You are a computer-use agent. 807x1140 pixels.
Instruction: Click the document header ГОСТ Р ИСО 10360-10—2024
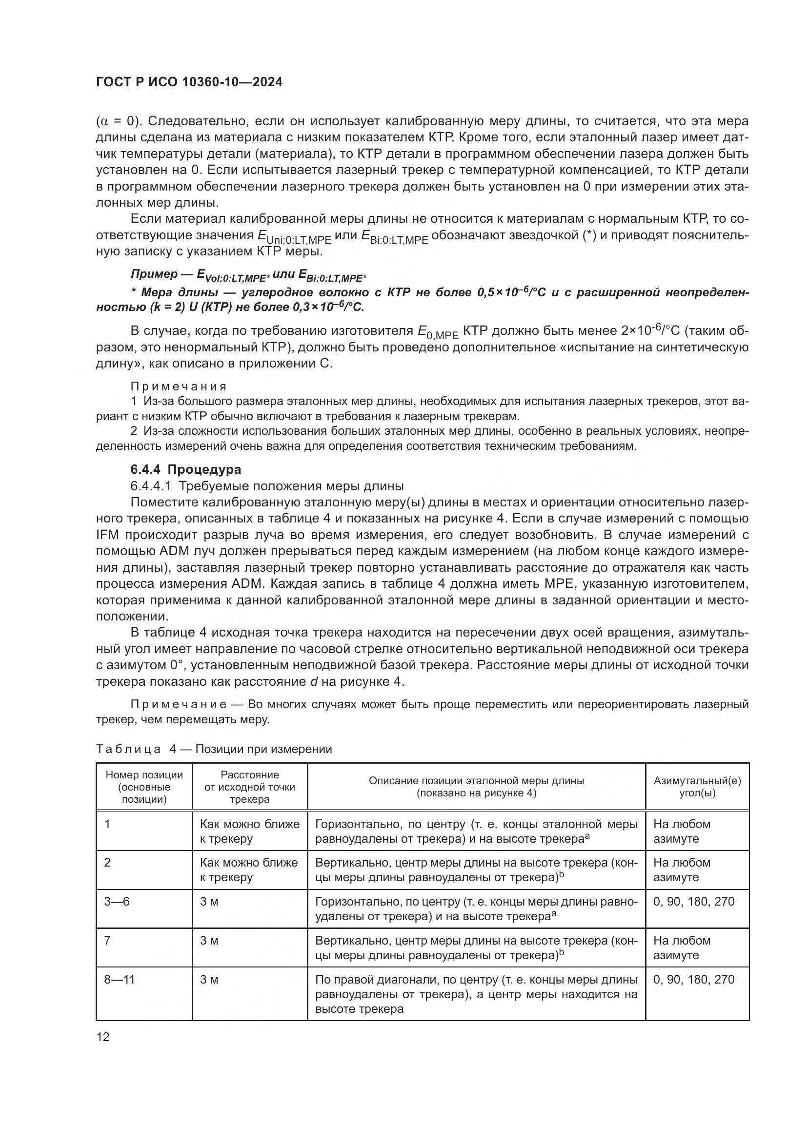tap(189, 82)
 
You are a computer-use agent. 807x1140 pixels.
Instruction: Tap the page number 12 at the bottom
tap(103, 1037)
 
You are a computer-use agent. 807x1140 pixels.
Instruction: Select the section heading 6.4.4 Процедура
tap(186, 469)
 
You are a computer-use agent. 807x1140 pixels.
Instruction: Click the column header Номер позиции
tap(144, 787)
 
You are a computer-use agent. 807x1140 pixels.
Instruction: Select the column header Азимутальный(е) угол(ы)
tap(697, 787)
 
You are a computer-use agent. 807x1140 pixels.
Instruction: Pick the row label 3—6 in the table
tap(117, 901)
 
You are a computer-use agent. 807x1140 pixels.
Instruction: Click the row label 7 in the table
tap(107, 940)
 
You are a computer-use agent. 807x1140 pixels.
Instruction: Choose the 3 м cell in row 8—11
tap(209, 980)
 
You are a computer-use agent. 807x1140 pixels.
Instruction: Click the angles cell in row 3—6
tap(693, 901)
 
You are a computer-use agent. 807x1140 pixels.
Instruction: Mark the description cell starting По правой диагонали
tap(476, 993)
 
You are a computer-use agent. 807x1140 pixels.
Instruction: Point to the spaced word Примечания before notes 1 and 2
tap(179, 386)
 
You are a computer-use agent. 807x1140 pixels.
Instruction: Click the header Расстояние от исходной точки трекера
tap(249, 787)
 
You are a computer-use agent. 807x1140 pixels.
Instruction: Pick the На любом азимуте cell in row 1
tap(681, 831)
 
